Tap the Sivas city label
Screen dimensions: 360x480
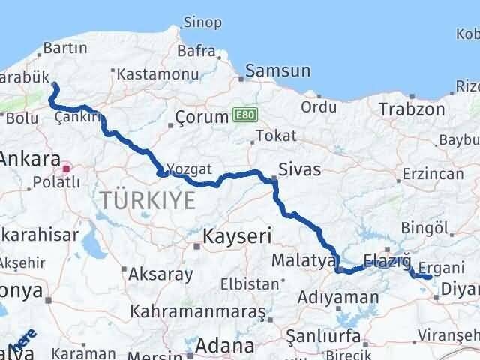pyautogui.click(x=299, y=169)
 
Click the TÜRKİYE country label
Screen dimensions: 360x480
pyautogui.click(x=148, y=199)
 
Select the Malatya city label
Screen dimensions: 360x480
pyautogui.click(x=303, y=260)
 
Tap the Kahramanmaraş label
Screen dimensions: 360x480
pyautogui.click(x=198, y=310)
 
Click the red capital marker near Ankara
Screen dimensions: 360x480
pyautogui.click(x=67, y=168)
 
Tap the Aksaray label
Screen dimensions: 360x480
pyautogui.click(x=160, y=274)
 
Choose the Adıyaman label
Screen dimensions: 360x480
pyautogui.click(x=337, y=298)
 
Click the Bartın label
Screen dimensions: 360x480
pyautogui.click(x=66, y=48)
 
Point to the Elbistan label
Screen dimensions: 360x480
pyautogui.click(x=249, y=285)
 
